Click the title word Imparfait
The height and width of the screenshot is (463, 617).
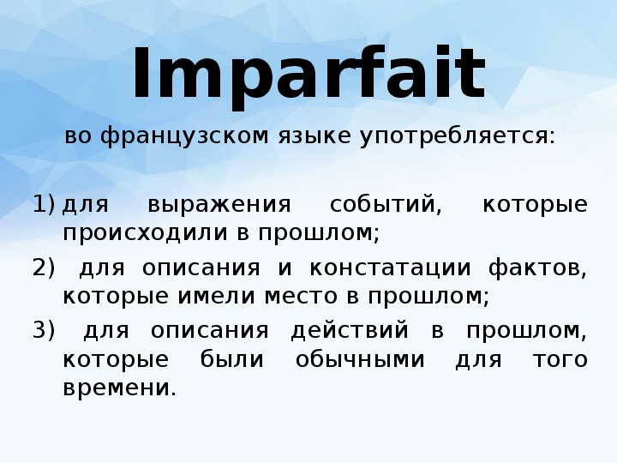click(x=309, y=75)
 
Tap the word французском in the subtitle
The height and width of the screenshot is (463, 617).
click(x=184, y=136)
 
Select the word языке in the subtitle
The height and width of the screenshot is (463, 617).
click(x=314, y=136)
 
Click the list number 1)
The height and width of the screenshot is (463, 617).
click(x=44, y=205)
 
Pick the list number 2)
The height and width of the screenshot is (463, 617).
click(x=44, y=268)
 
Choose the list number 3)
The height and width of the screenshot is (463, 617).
click(x=44, y=330)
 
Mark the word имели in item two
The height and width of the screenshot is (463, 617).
click(x=217, y=297)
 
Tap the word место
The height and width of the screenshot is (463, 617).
click(x=301, y=297)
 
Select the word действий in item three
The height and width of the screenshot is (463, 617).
click(x=350, y=332)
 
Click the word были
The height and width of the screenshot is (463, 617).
click(x=231, y=359)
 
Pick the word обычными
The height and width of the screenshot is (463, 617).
click(x=360, y=360)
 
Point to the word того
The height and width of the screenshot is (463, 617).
click(x=560, y=360)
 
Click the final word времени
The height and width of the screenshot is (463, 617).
click(x=120, y=388)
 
